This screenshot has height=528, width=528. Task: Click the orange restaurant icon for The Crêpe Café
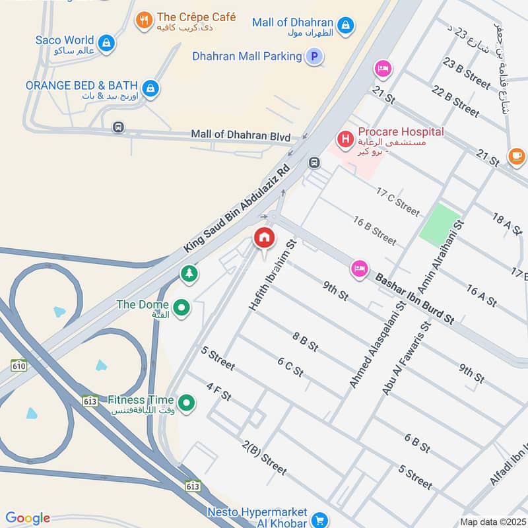click(144, 20)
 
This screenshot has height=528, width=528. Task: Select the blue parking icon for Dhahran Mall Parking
click(314, 57)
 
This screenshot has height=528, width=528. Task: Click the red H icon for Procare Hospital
click(345, 139)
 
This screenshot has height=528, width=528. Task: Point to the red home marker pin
click(264, 238)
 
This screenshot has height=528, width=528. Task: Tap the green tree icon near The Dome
click(189, 273)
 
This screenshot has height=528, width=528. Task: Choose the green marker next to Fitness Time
click(187, 401)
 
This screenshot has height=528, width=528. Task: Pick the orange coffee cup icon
click(516, 156)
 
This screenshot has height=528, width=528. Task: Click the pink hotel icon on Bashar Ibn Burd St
click(360, 268)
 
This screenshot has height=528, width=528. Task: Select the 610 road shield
click(18, 365)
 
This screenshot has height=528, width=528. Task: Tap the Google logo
click(28, 518)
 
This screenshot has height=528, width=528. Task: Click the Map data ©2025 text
click(492, 522)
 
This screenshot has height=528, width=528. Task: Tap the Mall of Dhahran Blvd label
click(241, 135)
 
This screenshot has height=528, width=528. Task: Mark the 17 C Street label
click(397, 201)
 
